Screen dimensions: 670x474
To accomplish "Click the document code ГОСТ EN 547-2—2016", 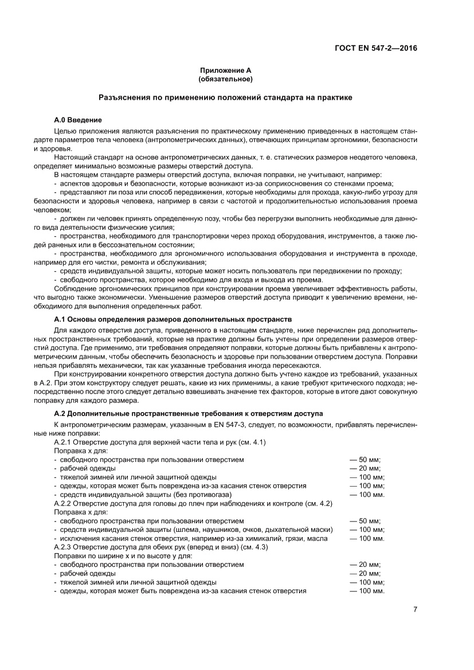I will (x=375, y=48).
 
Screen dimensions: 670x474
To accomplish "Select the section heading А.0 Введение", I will (x=78, y=120).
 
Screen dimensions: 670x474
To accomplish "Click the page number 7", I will (x=415, y=609).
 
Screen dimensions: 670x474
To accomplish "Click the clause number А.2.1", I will (x=64, y=442).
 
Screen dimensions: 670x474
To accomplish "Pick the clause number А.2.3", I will (x=64, y=547).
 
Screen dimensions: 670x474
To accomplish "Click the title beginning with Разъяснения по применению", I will (x=225, y=98).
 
